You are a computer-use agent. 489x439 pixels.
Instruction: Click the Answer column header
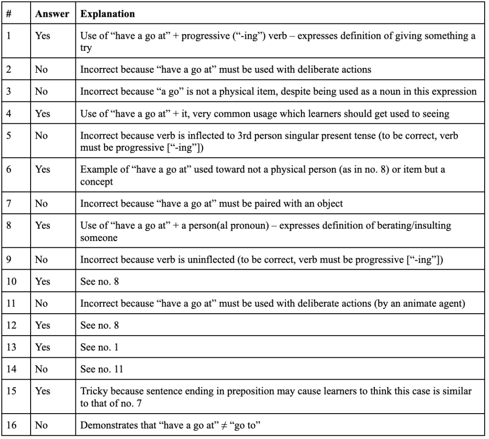[52, 14]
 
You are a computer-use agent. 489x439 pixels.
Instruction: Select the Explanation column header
[107, 14]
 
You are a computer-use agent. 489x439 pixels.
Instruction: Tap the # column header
[9, 14]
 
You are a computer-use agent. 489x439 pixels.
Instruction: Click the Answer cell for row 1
[43, 36]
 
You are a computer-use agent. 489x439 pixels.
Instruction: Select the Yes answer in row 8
[43, 225]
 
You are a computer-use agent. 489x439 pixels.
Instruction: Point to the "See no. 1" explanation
[99, 347]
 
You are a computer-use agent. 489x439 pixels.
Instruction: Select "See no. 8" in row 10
[99, 281]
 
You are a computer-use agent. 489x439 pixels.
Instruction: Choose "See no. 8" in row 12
[99, 325]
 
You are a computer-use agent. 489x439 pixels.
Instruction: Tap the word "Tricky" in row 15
[93, 391]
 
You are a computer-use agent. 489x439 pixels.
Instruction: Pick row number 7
[9, 203]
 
